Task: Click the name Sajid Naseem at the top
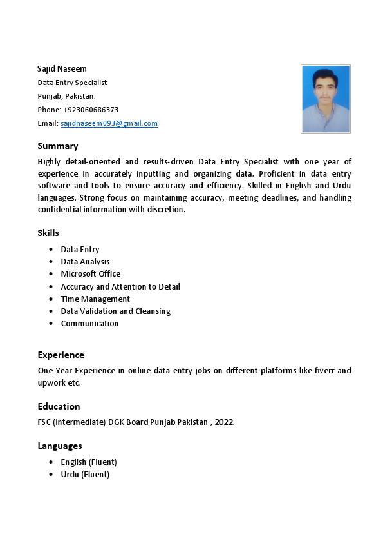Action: point(62,69)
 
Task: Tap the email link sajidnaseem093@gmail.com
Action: point(109,123)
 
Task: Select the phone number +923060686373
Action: point(91,110)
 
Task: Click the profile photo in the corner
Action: point(326,99)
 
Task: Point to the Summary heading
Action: point(58,146)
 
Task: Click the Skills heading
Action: point(48,233)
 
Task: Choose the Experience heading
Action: point(61,355)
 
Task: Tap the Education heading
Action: point(59,407)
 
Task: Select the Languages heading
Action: point(60,446)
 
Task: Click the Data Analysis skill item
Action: point(85,262)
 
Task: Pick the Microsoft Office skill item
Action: point(90,274)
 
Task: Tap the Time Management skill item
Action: point(95,299)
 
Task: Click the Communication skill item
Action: point(89,324)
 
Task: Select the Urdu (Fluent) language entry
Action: point(85,475)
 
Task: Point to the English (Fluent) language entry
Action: point(89,462)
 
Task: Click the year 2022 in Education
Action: point(224,422)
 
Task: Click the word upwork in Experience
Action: point(51,383)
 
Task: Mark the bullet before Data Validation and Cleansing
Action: point(51,311)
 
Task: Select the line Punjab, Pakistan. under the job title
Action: point(66,96)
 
